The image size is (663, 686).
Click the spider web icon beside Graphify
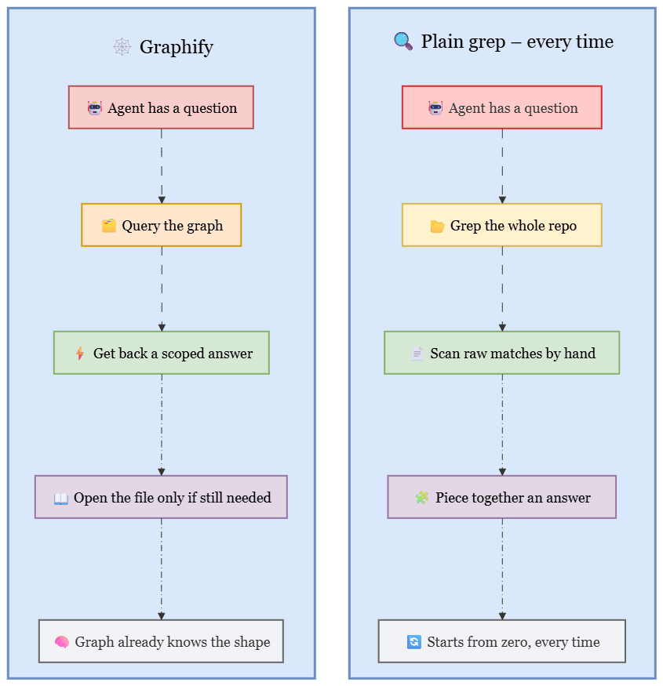pos(122,46)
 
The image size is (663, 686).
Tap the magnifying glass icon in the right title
pos(403,41)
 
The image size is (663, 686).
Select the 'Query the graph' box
pos(161,225)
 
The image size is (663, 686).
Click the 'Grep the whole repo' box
pos(502,225)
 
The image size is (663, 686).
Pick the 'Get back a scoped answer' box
pos(161,353)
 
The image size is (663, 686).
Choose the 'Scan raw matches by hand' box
pos(502,353)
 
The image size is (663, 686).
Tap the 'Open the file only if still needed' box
pos(161,497)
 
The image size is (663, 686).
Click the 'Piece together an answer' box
pos(502,497)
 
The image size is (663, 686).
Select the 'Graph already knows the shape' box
pos(161,641)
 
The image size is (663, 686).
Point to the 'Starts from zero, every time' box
pos(502,641)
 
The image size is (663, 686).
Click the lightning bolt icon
pos(80,353)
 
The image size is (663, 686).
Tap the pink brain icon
pos(62,642)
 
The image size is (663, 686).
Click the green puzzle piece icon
pos(422,497)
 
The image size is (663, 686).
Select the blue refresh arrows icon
pos(414,642)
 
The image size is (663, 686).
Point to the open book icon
pos(61,499)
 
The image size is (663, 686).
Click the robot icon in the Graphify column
pos(95,107)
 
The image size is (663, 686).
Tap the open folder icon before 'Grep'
pos(437,226)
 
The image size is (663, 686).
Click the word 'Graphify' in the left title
pos(177,47)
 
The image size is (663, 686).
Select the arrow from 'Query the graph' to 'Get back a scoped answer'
pos(162,289)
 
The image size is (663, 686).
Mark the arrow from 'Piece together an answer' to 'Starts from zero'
pos(502,569)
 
